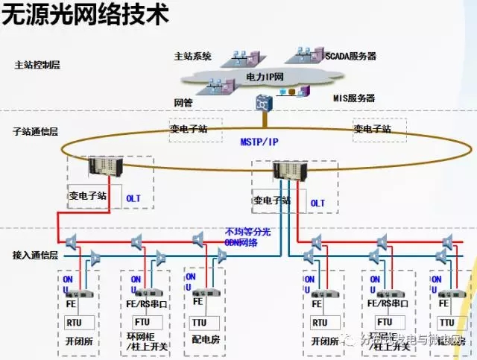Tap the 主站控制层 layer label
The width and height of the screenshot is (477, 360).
(x=37, y=65)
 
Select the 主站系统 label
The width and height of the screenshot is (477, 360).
(x=192, y=56)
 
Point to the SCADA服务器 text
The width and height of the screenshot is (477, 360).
(x=350, y=56)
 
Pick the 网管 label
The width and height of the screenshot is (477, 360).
(x=183, y=102)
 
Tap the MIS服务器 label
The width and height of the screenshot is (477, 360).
(x=353, y=98)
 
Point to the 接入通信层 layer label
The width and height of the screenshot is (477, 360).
(x=35, y=255)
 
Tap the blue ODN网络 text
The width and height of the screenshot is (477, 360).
(x=244, y=241)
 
